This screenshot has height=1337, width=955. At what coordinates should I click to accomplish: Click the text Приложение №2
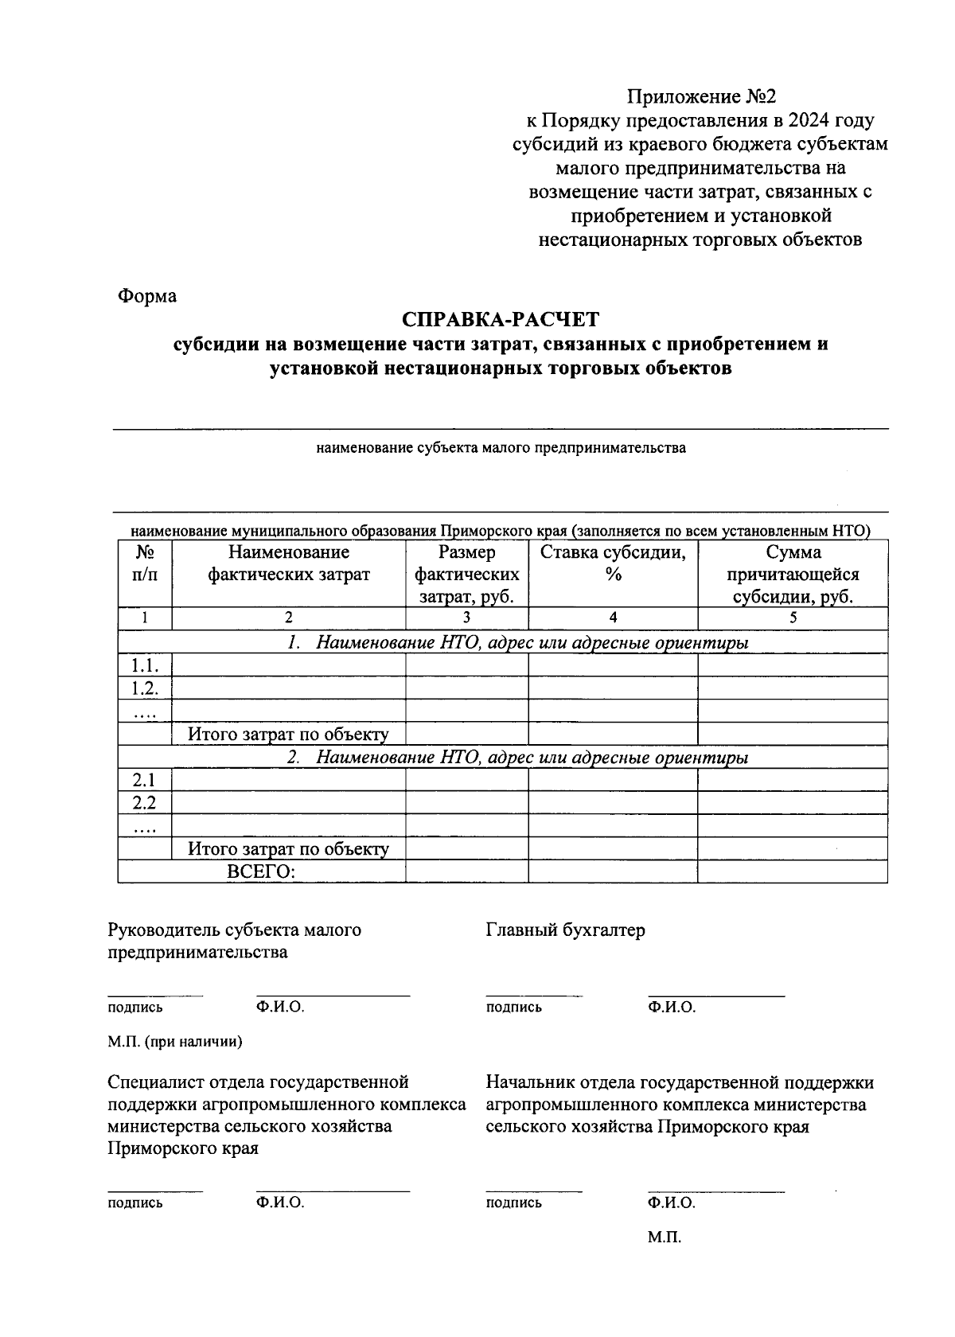click(700, 97)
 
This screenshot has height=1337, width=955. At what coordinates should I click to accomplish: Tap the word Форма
click(147, 296)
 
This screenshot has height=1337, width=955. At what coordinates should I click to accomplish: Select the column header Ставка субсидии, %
click(613, 563)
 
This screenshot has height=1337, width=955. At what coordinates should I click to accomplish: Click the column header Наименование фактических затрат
click(288, 563)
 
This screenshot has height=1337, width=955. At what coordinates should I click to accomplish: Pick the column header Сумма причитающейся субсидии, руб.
click(793, 575)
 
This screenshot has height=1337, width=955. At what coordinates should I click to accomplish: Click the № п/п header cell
click(145, 563)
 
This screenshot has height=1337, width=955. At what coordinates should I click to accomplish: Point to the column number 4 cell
click(613, 618)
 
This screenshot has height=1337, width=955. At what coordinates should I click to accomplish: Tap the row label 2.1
click(144, 780)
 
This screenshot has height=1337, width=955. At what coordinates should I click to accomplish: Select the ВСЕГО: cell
click(261, 871)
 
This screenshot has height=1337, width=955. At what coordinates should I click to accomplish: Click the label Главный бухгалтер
click(565, 930)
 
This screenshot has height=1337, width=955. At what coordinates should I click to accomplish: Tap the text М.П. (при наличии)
click(175, 1042)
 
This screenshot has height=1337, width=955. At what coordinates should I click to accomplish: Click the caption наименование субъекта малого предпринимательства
click(501, 448)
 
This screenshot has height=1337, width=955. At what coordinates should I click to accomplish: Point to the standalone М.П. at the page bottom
click(665, 1238)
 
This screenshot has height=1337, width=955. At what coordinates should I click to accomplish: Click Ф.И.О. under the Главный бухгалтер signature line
click(672, 1008)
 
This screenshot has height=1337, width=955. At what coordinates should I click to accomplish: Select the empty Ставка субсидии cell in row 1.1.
click(613, 665)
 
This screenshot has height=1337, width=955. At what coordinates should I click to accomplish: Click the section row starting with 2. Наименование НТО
click(517, 758)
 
